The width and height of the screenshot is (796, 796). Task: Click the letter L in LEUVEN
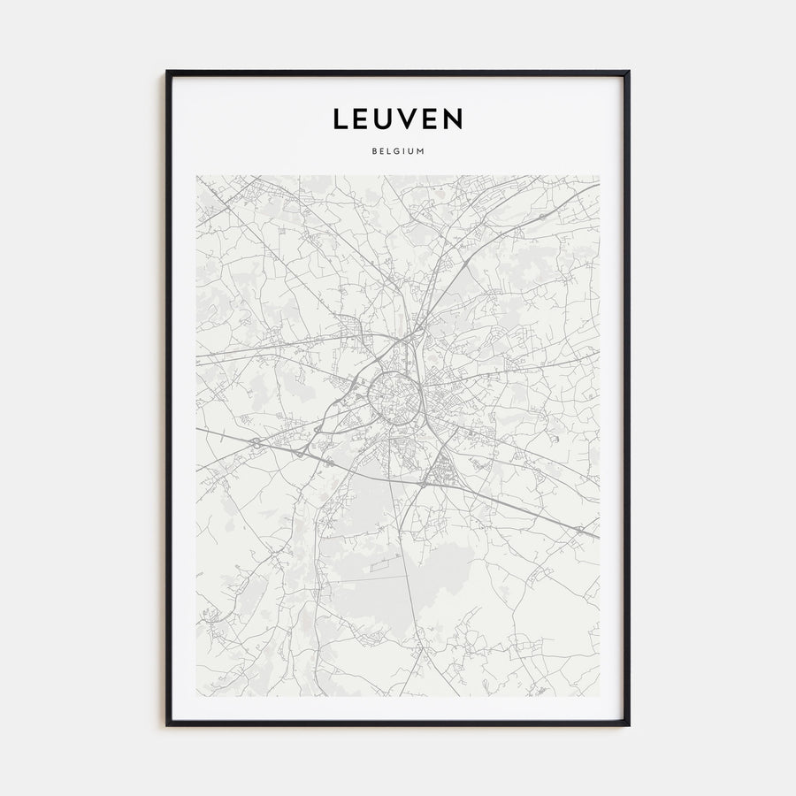coord(341,119)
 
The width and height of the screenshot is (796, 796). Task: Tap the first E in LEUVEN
coord(364,119)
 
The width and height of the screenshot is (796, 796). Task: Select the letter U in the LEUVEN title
coord(387,119)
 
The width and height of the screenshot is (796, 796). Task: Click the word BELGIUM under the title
coord(398,150)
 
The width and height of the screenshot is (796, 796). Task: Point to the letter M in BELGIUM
coord(422,150)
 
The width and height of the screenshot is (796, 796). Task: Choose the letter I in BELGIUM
coord(406,150)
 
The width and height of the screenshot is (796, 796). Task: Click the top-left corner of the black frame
coord(167,72)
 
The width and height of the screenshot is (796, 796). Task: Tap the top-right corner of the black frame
coord(629,72)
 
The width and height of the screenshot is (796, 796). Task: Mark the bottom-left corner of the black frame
coord(167,725)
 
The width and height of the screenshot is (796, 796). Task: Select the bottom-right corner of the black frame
coord(629,725)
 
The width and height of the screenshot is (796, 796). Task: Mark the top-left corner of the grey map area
coord(196,175)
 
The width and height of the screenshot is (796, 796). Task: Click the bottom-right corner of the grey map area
coord(599,695)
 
